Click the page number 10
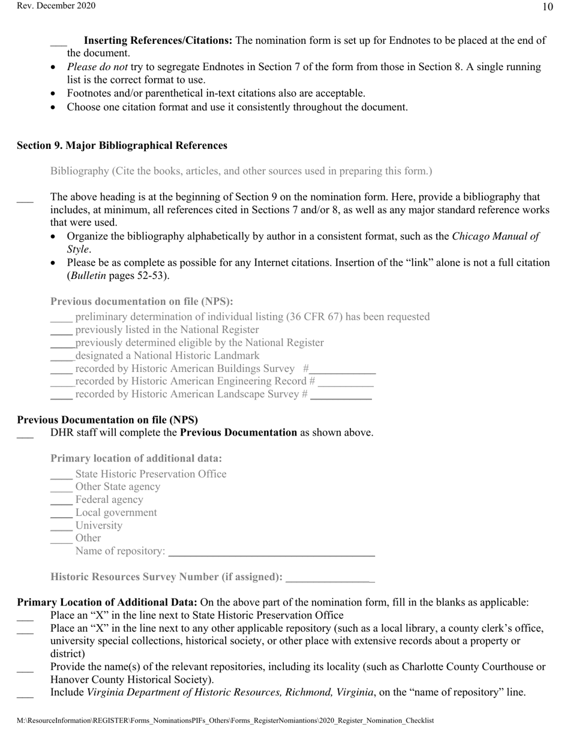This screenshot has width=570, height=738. coord(547,7)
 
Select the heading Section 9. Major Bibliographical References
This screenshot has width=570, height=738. coord(122,146)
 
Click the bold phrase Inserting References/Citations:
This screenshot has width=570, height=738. coord(158,41)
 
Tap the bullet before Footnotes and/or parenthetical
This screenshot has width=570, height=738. coord(54,94)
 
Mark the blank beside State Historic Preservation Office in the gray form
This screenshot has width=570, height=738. coord(61,476)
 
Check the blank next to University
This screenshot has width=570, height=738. coord(61,527)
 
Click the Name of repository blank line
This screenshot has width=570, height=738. coord(271,553)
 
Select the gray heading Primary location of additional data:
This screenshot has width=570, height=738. coord(136,458)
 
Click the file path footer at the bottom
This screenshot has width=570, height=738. coord(225,721)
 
